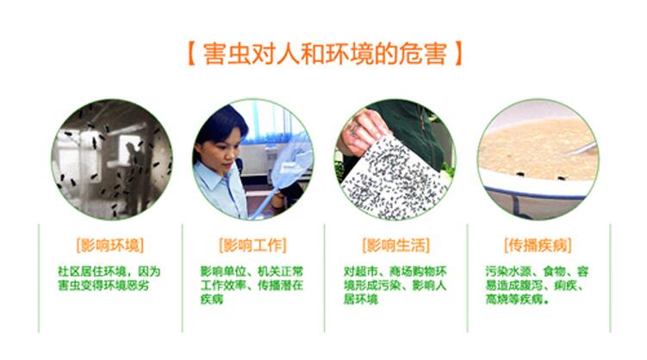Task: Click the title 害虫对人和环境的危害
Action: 325,53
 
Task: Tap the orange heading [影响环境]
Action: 110,245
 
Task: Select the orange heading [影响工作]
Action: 252,245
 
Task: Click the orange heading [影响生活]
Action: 395,245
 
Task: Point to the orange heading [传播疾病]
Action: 538,245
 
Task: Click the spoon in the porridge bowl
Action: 582,149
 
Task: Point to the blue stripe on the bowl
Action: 537,193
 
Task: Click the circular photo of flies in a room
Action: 112,159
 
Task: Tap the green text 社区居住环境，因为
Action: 109,271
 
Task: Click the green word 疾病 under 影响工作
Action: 212,299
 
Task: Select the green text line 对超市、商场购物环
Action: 395,271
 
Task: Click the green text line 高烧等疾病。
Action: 519,299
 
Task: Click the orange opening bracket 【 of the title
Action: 191,53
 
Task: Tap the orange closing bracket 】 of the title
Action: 457,53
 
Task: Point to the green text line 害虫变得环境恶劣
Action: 103,285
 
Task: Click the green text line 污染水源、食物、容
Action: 537,271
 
